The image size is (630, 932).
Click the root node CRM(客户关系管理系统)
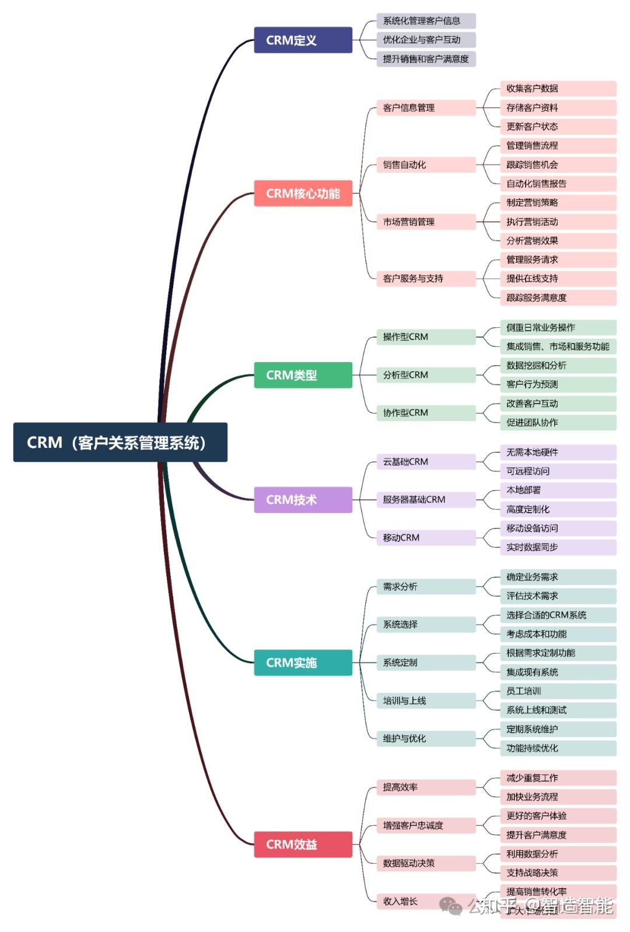[120, 442]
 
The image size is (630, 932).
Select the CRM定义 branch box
[303, 40]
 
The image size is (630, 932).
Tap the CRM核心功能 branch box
[303, 193]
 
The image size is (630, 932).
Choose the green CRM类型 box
[303, 375]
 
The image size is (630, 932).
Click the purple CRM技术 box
[303, 500]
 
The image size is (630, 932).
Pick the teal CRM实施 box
[303, 663]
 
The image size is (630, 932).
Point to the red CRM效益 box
[303, 844]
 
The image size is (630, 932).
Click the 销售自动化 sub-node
[425, 164]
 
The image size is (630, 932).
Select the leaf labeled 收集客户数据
[558, 88]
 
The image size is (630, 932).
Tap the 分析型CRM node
[425, 374]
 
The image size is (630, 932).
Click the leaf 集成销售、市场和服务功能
[558, 346]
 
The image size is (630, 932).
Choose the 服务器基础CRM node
[425, 499]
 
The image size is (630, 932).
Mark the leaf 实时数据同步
[558, 547]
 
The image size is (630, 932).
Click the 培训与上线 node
[425, 700]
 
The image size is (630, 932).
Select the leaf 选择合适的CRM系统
[558, 615]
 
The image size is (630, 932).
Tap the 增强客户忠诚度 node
[425, 825]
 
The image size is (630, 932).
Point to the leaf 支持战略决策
[558, 873]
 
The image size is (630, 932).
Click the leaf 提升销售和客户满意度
[425, 59]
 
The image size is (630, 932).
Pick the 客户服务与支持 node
[425, 278]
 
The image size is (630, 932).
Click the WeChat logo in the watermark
[451, 906]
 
